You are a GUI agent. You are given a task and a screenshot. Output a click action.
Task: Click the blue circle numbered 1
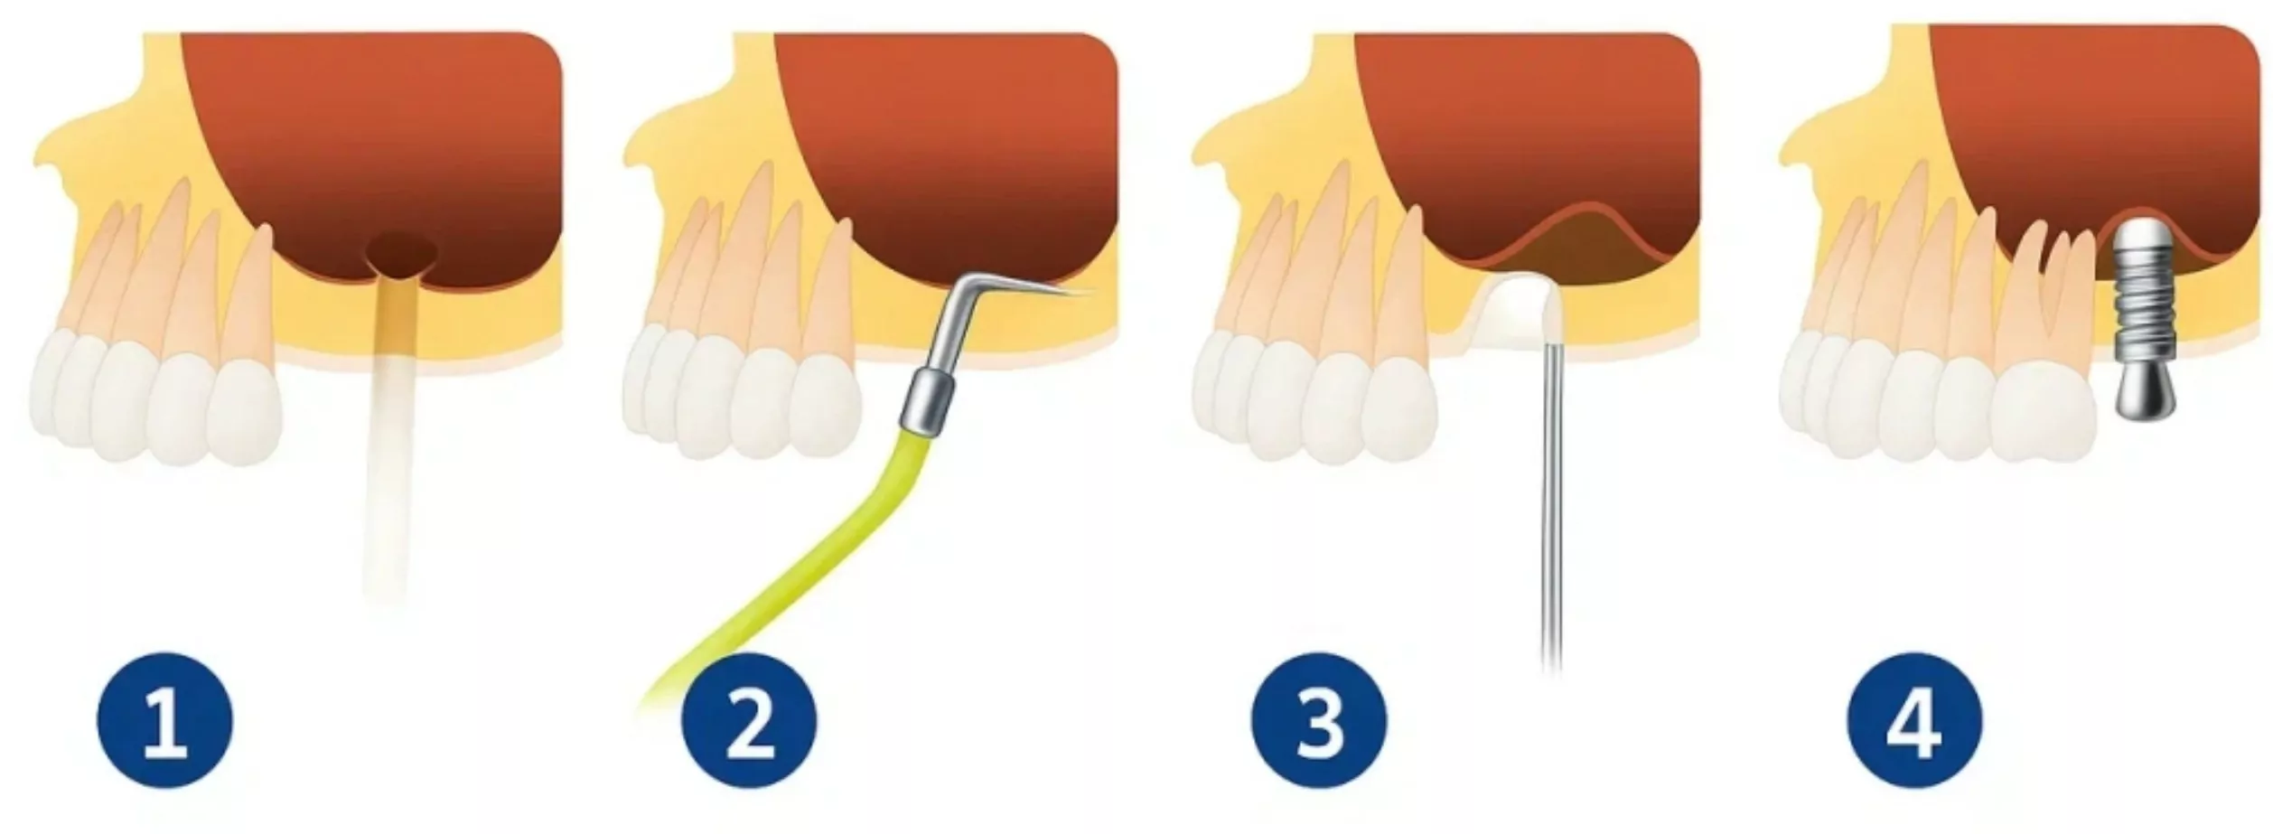point(164,722)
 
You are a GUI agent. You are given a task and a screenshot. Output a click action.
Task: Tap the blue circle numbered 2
point(748,722)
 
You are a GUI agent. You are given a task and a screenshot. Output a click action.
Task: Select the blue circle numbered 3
point(1318,722)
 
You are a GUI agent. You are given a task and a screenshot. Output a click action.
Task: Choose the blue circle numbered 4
point(1914,722)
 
